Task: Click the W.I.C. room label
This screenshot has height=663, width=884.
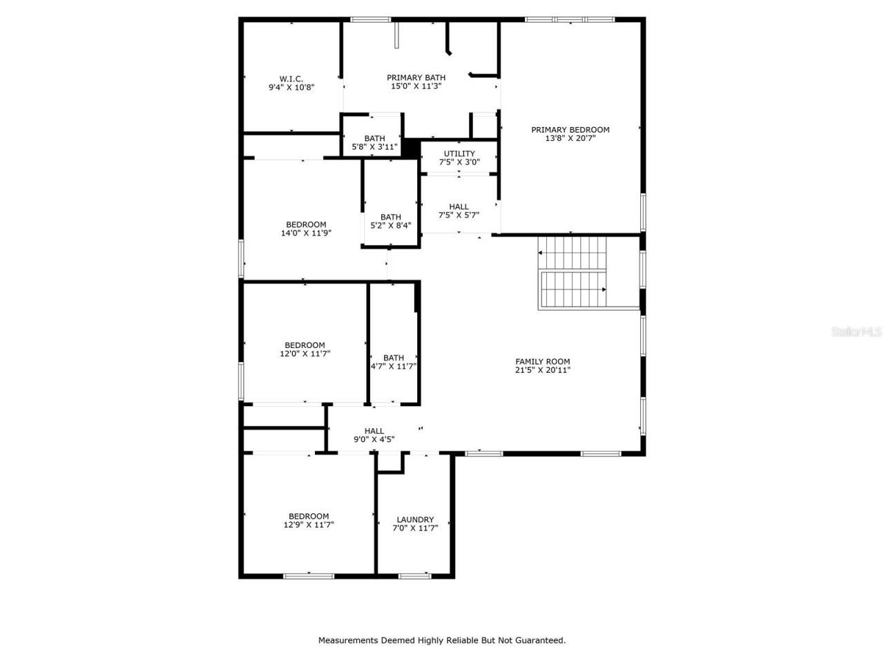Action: click(x=291, y=79)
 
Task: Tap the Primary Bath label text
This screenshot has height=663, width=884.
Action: click(x=416, y=77)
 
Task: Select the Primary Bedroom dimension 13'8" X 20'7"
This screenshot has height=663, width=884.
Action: click(x=570, y=138)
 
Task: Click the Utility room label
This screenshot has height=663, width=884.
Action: click(x=459, y=153)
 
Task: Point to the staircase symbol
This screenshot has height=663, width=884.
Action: click(x=572, y=272)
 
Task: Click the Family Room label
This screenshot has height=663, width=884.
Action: click(x=543, y=361)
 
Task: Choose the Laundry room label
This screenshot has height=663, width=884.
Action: click(x=415, y=519)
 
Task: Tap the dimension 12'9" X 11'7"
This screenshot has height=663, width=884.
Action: click(x=309, y=525)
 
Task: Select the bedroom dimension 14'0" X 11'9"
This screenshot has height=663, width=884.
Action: click(x=306, y=233)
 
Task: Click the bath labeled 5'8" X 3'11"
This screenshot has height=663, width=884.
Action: click(x=375, y=146)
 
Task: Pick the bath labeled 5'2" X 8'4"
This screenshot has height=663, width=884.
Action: click(x=390, y=225)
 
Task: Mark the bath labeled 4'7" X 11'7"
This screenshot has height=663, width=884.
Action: click(x=394, y=367)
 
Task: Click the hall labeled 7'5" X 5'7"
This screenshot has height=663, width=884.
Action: click(x=459, y=215)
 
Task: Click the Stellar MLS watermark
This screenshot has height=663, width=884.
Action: click(x=856, y=331)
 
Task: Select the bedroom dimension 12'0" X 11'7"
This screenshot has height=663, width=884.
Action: click(x=305, y=354)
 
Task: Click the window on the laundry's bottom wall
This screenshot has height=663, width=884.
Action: click(x=414, y=575)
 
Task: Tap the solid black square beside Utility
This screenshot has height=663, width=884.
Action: click(x=412, y=148)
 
